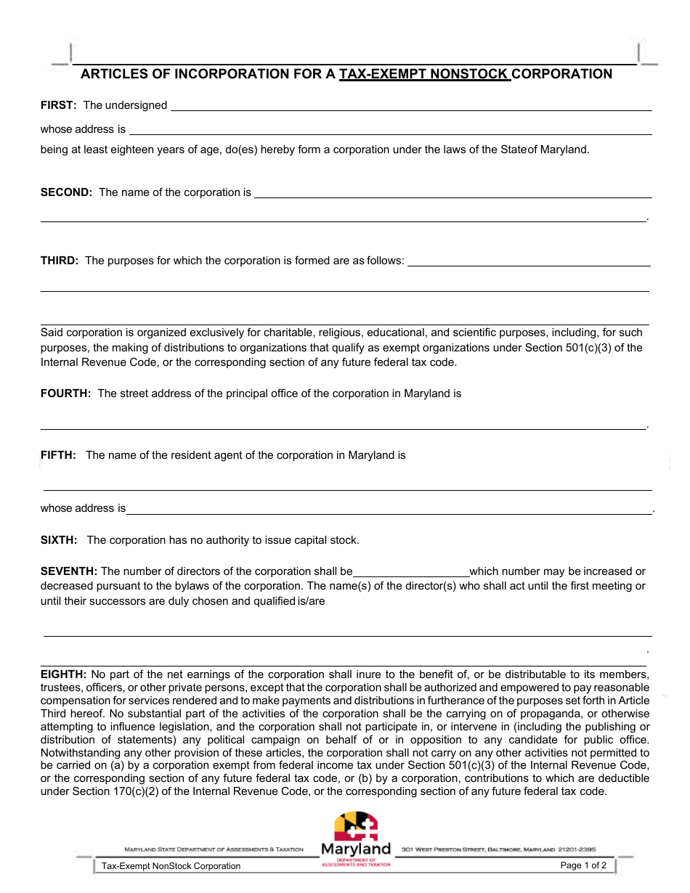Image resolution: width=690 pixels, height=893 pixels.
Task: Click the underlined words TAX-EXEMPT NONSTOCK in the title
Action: click(425, 73)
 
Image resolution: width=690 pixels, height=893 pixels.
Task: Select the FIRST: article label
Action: click(58, 105)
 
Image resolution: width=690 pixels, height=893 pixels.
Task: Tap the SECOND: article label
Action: click(66, 192)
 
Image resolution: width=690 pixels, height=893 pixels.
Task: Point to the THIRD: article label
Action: click(60, 261)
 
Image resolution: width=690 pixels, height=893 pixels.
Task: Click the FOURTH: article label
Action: click(65, 394)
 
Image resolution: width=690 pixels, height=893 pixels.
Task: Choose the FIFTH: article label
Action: click(58, 455)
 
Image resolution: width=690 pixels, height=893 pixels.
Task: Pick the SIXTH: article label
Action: click(59, 540)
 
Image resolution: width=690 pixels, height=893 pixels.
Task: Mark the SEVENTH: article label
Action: click(69, 571)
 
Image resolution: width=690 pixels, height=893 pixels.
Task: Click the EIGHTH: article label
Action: click(63, 674)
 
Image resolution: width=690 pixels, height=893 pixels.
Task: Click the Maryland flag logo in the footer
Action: click(356, 826)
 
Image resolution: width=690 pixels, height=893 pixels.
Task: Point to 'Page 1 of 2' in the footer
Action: click(583, 865)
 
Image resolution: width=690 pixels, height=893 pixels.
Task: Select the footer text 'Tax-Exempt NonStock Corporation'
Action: click(171, 866)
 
